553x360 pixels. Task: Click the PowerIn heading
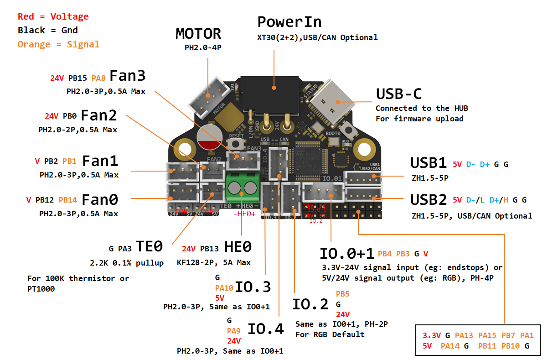coord(289,22)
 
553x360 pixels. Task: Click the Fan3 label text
coord(127,76)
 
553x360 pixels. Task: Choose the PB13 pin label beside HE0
coord(210,249)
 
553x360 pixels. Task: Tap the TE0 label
coord(150,247)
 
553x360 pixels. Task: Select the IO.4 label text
coord(265,329)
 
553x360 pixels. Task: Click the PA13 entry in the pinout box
coord(464,335)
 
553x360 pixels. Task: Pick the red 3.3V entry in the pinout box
coord(431,335)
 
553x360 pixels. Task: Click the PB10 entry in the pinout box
coord(511,346)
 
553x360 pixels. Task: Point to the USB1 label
coord(429,163)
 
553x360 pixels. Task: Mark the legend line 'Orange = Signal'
coord(58,44)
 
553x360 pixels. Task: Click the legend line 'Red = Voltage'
coord(53,17)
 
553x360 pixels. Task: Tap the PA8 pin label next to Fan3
coord(98,78)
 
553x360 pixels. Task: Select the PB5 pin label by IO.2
coord(342,294)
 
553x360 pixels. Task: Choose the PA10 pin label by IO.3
coord(224,288)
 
